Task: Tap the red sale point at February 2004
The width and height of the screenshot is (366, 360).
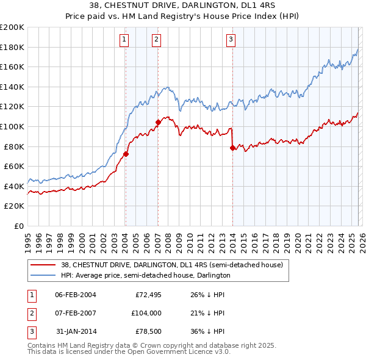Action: pyautogui.click(x=126, y=154)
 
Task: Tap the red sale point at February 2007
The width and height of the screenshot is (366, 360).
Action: pyautogui.click(x=158, y=122)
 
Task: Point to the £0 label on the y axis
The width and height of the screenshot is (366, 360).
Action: pyautogui.click(x=18, y=226)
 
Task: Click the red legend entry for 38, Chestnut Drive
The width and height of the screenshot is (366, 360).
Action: pyautogui.click(x=171, y=265)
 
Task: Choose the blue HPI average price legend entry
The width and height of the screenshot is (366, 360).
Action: pyautogui.click(x=145, y=275)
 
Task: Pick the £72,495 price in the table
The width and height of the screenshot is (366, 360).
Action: pyautogui.click(x=148, y=295)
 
